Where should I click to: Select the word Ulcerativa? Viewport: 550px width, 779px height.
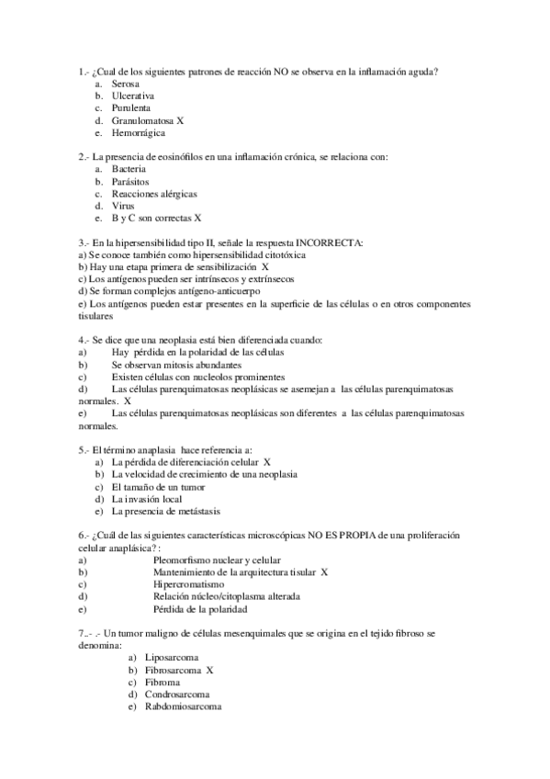pyautogui.click(x=132, y=96)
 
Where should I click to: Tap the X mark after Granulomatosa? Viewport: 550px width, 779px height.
pyautogui.click(x=181, y=120)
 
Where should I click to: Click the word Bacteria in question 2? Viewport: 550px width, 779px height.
pyautogui.click(x=129, y=170)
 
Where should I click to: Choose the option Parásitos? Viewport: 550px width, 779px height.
pyautogui.click(x=130, y=182)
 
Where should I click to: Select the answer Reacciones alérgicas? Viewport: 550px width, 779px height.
pyautogui.click(x=154, y=194)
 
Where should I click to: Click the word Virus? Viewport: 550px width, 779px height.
pyautogui.click(x=123, y=207)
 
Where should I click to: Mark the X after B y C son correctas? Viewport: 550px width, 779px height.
pyautogui.click(x=198, y=219)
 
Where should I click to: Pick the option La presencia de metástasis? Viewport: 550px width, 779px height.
pyautogui.click(x=166, y=511)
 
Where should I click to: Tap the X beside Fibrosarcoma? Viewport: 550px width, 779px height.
pyautogui.click(x=209, y=671)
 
